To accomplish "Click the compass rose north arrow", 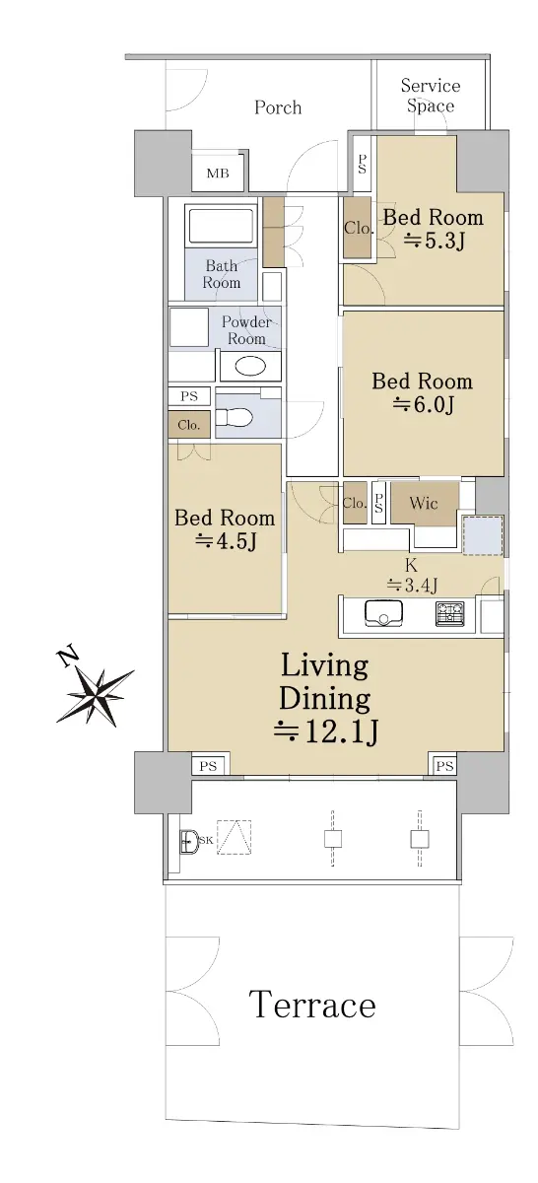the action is coord(94,693).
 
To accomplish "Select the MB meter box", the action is coord(218,173).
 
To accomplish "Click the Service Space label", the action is coord(431,96).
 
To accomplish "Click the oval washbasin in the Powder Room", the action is coord(249,367).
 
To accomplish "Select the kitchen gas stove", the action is coord(450,613).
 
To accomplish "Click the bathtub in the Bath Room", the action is coord(220,226).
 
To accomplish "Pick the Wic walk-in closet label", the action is coord(424,503).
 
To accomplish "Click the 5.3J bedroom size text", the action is coord(434,242).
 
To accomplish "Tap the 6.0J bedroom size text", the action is coord(423,405).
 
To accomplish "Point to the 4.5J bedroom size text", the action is coord(226,541).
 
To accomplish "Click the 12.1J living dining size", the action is coord(326,731).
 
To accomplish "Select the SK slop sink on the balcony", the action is coord(188,841).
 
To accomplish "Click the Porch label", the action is coord(278,107).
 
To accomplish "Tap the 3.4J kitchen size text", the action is coord(412,586).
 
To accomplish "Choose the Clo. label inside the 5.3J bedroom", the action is coord(359,228).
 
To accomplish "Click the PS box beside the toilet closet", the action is coord(189,396).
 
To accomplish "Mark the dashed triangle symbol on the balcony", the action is coord(234,837).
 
